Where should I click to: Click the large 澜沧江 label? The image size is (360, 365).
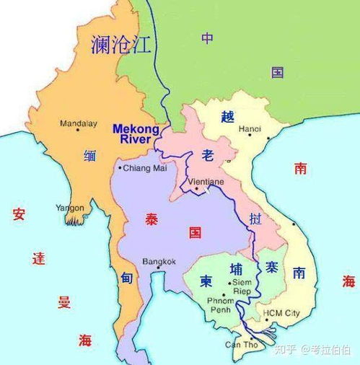120,45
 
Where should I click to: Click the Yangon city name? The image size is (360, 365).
70,208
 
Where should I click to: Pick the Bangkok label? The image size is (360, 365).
159,260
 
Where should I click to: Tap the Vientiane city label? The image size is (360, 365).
206,182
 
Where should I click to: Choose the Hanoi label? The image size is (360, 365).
249,129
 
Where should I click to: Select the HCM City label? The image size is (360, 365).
282,313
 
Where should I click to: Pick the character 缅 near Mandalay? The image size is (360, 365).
90,154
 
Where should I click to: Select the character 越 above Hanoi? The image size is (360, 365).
228,116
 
